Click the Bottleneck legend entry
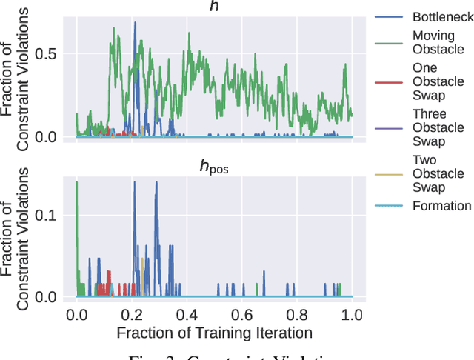pos(441,15)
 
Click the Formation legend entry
pos(441,206)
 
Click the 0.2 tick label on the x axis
pos(132,314)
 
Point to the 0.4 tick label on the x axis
pos(187,314)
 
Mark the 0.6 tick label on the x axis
pos(241,314)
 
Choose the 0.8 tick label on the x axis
pos(297,314)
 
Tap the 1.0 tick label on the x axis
pos(352,314)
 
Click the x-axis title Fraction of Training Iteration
pos(214,332)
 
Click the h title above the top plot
pos(214,6)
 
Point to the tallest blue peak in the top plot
pos(135,23)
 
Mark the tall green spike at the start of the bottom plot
pos(77,182)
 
